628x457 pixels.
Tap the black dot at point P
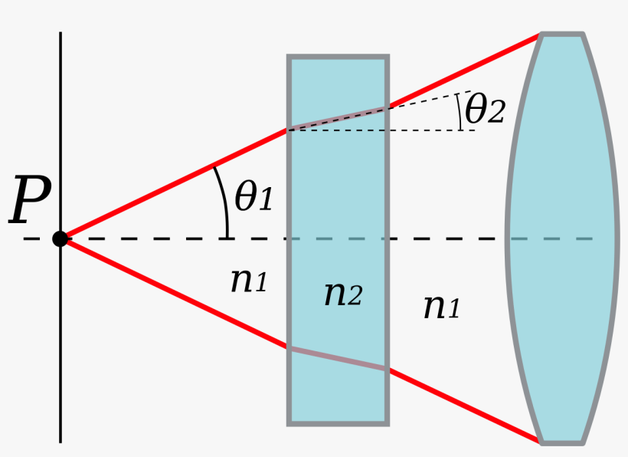(60, 238)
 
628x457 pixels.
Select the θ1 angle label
(253, 198)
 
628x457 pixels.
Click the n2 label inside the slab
(342, 293)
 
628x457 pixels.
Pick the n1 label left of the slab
(249, 281)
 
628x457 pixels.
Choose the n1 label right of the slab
(442, 307)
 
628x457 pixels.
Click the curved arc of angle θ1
(224, 199)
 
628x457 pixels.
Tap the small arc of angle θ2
(460, 111)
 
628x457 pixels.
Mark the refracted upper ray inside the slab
(338, 118)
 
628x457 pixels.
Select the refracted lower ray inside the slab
(338, 359)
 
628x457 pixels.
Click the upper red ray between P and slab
(176, 183)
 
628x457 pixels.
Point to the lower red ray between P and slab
(176, 294)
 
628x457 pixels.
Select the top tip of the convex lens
(562, 35)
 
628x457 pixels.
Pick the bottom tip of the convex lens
(562, 442)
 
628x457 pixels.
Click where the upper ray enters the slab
(289, 129)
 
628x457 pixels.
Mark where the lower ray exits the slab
(388, 370)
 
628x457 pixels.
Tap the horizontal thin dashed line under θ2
(429, 130)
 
